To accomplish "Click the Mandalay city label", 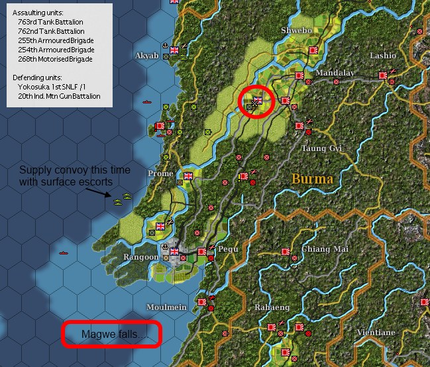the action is click(335, 73).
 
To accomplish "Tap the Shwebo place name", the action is click(296, 30).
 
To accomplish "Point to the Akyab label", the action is click(146, 56).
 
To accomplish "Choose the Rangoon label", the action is click(140, 257).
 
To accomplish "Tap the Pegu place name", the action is click(227, 248).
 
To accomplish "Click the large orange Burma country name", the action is click(311, 179).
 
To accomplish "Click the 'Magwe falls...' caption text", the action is click(111, 335).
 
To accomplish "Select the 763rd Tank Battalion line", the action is click(51, 22).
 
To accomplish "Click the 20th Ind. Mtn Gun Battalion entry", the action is click(59, 96).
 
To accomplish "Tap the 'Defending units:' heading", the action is click(36, 78).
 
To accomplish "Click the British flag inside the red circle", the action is click(258, 101).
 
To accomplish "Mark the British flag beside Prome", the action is click(188, 176).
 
